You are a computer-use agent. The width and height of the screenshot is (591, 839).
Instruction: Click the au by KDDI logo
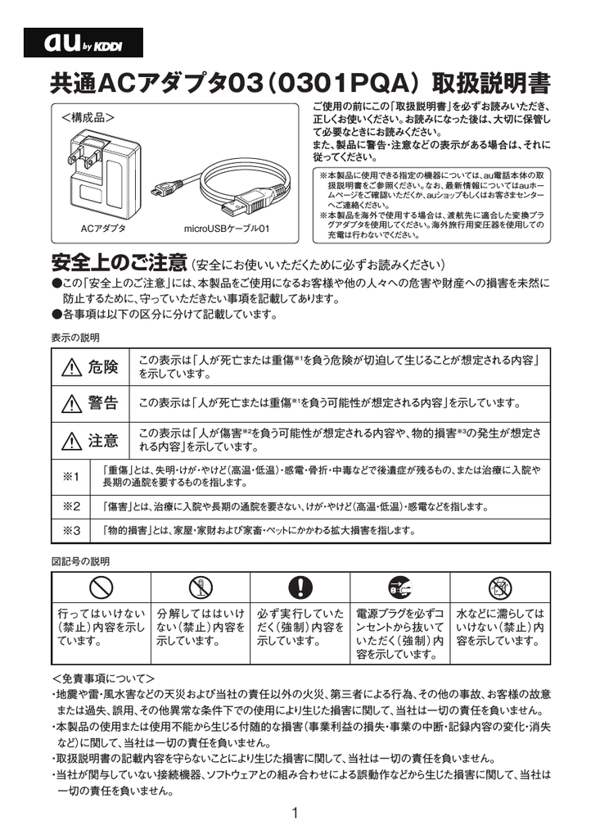83,43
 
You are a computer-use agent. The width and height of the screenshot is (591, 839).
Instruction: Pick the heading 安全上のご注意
119,264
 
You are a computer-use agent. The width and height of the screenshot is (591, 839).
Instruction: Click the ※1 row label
71,477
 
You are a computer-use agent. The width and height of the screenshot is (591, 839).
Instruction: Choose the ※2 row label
71,506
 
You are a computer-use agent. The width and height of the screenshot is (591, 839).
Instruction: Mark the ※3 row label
71,531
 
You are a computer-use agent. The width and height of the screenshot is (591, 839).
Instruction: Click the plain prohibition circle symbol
101,586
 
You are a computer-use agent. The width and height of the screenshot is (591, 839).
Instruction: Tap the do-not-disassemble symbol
201,586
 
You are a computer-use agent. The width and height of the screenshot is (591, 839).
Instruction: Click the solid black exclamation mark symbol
300,586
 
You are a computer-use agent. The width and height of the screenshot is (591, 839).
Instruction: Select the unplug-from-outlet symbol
399,586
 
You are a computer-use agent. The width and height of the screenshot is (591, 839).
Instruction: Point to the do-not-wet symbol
499,586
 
